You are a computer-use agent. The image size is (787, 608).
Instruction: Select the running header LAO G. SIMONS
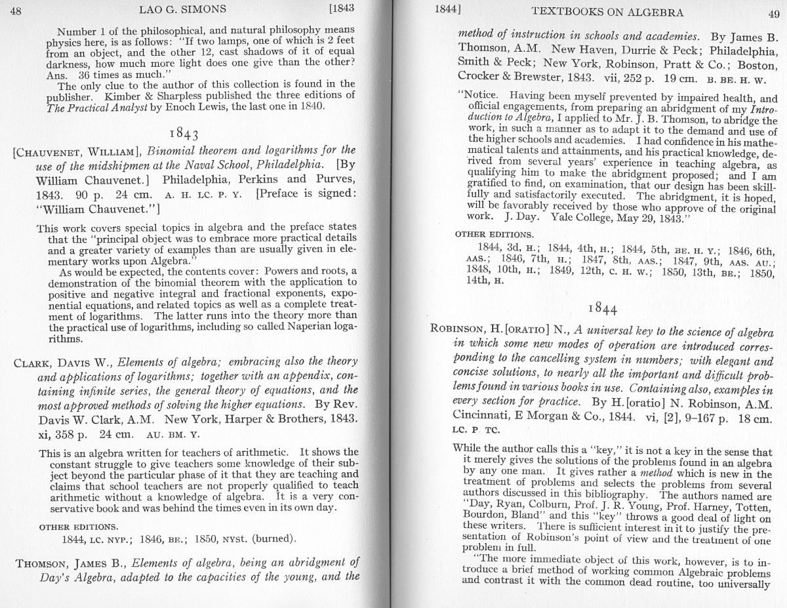182,9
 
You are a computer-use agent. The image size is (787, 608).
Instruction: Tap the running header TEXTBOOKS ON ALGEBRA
607,12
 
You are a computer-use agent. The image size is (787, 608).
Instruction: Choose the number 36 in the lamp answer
85,75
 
